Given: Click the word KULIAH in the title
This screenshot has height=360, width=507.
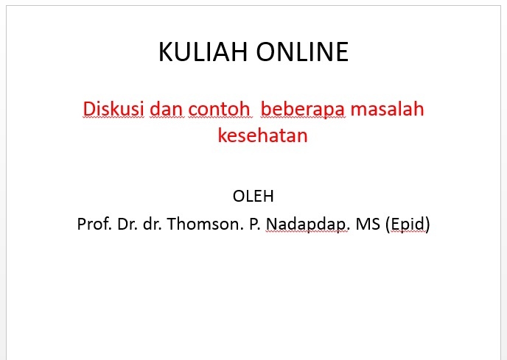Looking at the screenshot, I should [203, 52].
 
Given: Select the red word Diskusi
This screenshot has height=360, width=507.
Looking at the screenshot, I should [113, 108].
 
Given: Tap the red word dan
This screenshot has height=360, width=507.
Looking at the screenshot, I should [165, 108].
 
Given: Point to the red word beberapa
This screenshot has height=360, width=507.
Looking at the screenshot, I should [303, 108].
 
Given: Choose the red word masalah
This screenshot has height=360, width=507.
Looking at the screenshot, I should [388, 108].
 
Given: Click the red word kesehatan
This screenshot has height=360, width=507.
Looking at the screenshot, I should [262, 135].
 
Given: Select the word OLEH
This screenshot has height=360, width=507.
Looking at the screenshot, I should [253, 197].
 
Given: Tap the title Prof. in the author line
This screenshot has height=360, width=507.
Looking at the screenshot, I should [93, 223].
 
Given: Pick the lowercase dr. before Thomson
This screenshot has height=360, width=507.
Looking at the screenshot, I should [153, 223].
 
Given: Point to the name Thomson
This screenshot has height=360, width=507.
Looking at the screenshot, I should [203, 223].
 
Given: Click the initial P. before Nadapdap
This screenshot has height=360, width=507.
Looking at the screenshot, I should [255, 223].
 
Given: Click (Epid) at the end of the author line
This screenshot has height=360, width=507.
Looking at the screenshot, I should [407, 223].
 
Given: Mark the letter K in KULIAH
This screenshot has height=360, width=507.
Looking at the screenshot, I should [166, 52].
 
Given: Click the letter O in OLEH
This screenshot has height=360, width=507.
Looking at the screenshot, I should [238, 197].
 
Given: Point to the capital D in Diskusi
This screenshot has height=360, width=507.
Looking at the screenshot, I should [90, 108].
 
